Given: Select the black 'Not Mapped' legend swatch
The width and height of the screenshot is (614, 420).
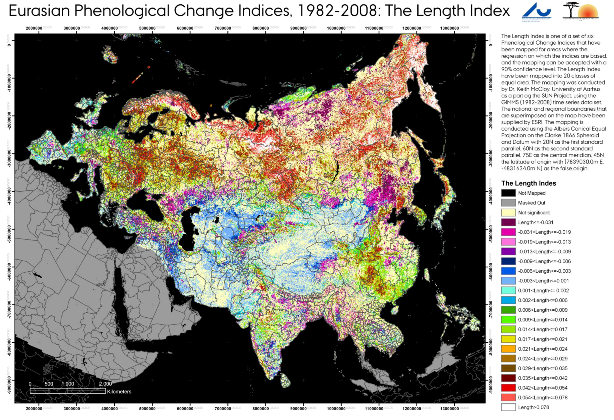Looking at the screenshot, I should (508, 193).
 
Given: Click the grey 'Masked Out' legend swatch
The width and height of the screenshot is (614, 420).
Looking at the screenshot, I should (508, 203).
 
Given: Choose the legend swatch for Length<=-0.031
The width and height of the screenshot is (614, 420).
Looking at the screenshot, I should (508, 222).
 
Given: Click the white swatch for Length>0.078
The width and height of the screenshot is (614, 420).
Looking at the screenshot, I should (508, 407).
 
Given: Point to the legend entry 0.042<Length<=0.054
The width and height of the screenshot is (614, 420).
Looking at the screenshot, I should (542, 388).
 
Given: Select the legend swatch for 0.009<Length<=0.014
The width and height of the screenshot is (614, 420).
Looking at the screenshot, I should (508, 320).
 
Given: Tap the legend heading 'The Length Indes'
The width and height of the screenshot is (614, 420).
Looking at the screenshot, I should (528, 183).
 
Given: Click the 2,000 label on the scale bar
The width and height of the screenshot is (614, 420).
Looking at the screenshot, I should (105, 384).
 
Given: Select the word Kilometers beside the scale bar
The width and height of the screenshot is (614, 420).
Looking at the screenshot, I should (119, 392).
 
